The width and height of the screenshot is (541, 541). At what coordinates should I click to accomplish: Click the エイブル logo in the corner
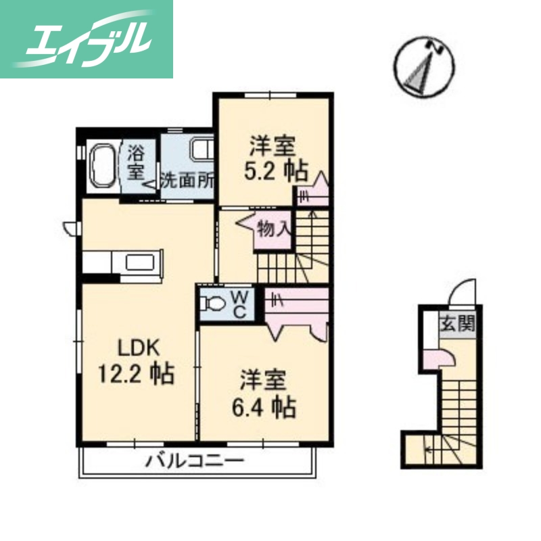pyautogui.click(x=87, y=39)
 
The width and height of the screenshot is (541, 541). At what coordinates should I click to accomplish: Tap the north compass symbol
pyautogui.click(x=425, y=66)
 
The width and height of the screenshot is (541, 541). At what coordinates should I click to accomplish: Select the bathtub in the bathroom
pyautogui.click(x=103, y=166)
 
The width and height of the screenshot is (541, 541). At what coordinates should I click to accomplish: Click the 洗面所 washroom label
pyautogui.click(x=187, y=181)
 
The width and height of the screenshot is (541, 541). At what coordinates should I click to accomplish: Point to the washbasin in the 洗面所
pyautogui.click(x=202, y=150)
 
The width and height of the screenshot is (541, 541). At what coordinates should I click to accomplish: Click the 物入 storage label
pyautogui.click(x=273, y=230)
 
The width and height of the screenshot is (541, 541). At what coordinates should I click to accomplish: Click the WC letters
pyautogui.click(x=239, y=304)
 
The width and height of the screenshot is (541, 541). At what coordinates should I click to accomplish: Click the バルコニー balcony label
pyautogui.click(x=194, y=463)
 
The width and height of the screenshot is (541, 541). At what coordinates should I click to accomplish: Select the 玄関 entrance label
pyautogui.click(x=458, y=324)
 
